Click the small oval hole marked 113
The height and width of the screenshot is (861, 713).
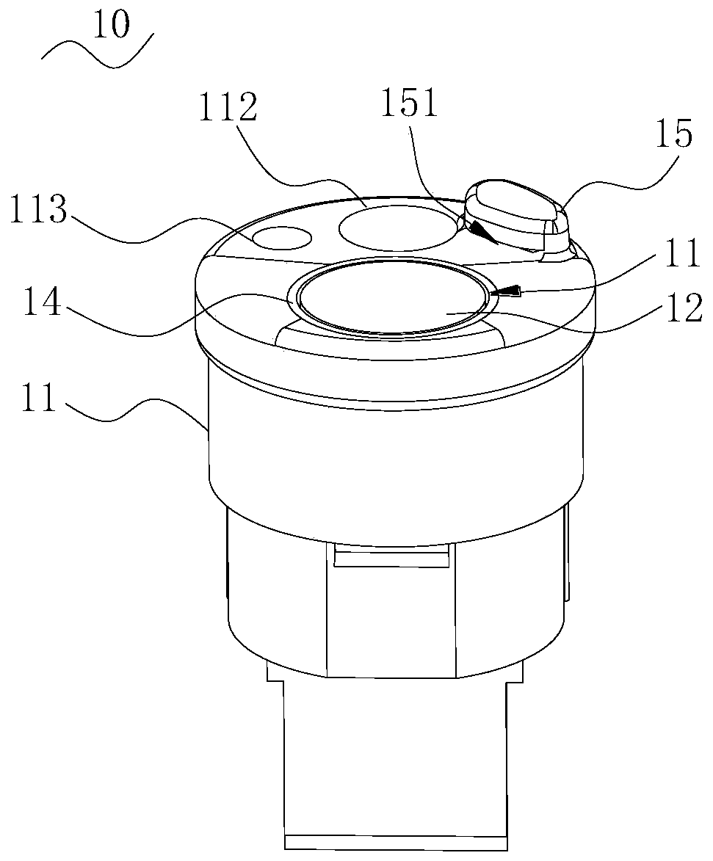[281, 237]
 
